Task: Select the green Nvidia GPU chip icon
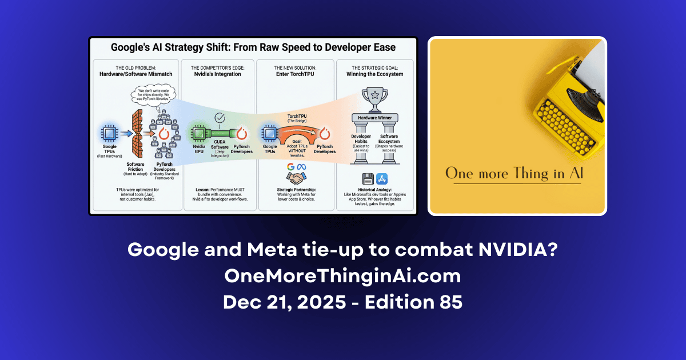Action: click(198, 135)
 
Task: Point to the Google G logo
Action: click(290, 166)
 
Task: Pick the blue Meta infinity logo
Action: click(302, 166)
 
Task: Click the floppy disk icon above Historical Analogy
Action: click(368, 179)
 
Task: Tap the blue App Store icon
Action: click(382, 179)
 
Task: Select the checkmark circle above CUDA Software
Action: click(220, 118)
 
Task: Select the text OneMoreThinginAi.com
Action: click(342, 277)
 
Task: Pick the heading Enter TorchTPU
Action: click(296, 74)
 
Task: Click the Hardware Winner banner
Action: click(375, 118)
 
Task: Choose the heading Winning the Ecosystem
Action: click(374, 74)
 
